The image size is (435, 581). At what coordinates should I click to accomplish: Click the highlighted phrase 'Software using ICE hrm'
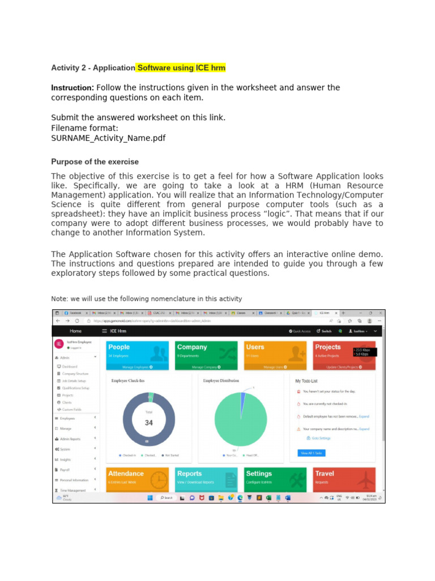pos(181,68)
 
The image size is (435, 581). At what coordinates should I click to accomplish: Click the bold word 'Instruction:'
pos(72,88)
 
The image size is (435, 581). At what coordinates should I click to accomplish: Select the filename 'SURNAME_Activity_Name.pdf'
pos(108,138)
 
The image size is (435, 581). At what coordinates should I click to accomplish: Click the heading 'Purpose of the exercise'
pos(95,162)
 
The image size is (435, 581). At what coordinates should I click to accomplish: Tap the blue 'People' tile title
pos(119,347)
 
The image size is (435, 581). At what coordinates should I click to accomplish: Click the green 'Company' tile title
pos(192,347)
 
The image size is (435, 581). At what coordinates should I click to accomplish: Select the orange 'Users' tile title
pos(255,347)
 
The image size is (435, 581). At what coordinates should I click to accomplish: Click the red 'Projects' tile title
pos(328,347)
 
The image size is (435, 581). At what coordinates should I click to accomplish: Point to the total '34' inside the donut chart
pos(149,423)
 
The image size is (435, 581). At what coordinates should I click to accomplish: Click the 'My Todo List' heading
pos(306,381)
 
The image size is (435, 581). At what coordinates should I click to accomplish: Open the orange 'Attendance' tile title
pos(126,473)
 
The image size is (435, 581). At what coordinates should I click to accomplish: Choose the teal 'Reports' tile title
pos(189,473)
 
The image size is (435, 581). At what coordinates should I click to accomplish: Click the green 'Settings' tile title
pos(259,473)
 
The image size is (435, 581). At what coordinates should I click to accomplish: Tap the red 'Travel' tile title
pos(325,473)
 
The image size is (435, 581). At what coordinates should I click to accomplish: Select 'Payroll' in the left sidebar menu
pos(65,470)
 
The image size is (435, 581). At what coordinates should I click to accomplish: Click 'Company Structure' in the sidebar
pos(75,374)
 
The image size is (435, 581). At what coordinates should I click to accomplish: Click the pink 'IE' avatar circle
pos(58,344)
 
